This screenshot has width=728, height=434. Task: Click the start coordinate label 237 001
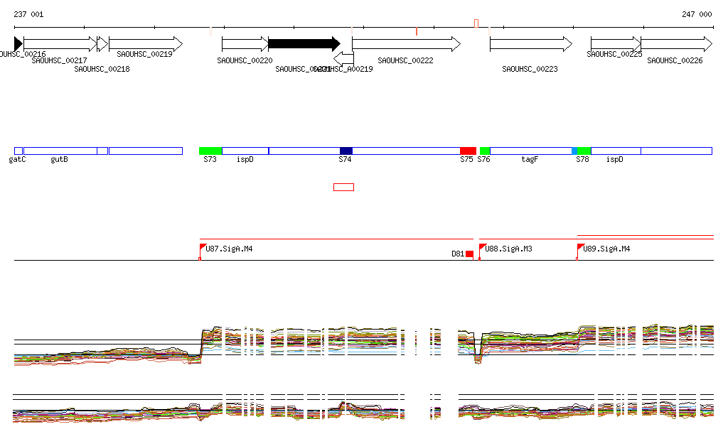pyautogui.click(x=28, y=14)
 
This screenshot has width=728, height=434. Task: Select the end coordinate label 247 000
pyautogui.click(x=697, y=14)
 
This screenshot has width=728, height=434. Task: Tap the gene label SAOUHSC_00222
pyautogui.click(x=405, y=60)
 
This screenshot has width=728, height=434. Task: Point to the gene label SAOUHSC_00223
pyautogui.click(x=530, y=69)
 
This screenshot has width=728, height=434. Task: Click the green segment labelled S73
pyautogui.click(x=210, y=151)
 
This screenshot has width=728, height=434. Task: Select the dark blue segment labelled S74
pyautogui.click(x=346, y=151)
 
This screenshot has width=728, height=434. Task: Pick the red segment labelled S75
pyautogui.click(x=468, y=151)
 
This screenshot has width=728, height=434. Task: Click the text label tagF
pyautogui.click(x=530, y=160)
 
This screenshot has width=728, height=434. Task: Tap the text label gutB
pyautogui.click(x=59, y=160)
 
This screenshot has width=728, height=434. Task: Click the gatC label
pyautogui.click(x=18, y=160)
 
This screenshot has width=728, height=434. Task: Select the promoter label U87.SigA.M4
pyautogui.click(x=229, y=249)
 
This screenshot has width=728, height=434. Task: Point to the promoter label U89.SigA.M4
pyautogui.click(x=606, y=249)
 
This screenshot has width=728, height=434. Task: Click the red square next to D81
pyautogui.click(x=469, y=254)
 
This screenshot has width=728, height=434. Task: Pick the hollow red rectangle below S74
pyautogui.click(x=343, y=187)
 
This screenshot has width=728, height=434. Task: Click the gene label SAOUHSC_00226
pyautogui.click(x=675, y=60)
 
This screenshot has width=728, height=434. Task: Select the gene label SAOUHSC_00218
pyautogui.click(x=102, y=69)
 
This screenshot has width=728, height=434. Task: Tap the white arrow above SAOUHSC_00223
pyautogui.click(x=530, y=44)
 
